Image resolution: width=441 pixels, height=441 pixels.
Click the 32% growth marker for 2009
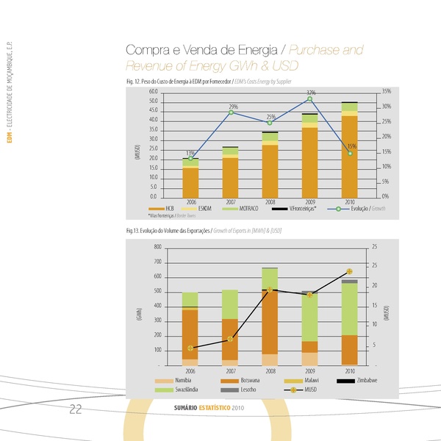(310, 99)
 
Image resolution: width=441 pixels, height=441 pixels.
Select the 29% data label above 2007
(233, 107)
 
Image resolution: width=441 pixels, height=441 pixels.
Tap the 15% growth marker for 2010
(350, 154)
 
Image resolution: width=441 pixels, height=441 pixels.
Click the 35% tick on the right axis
(387, 91)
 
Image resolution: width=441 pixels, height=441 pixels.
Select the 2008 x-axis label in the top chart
(270, 201)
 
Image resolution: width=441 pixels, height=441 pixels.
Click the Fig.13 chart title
(205, 231)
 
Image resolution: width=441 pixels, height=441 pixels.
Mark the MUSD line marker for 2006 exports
(191, 348)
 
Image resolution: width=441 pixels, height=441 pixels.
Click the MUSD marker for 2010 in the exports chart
(350, 272)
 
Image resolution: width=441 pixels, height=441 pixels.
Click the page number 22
(75, 409)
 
